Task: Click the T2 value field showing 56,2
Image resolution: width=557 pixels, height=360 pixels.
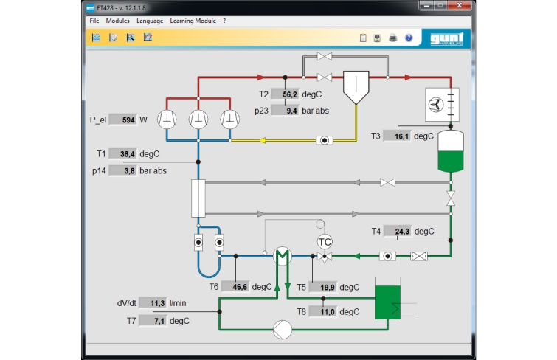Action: pos(285,94)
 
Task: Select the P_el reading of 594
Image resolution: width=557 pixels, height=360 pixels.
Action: pos(123,120)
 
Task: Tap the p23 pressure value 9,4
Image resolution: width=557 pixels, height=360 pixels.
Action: pos(285,111)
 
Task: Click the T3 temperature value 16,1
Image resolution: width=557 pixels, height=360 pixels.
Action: pos(397,136)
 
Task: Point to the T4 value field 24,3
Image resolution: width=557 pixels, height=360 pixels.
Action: pos(398,232)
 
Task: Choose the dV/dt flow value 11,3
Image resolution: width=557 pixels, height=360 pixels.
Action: pos(153,303)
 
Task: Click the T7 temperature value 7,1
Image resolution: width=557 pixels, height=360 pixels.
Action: pos(153,321)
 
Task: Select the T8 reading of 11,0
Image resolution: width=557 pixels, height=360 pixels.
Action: pos(322,311)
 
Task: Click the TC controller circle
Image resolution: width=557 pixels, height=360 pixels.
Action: pos(325,242)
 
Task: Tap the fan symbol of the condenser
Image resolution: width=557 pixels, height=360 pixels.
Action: pos(435,105)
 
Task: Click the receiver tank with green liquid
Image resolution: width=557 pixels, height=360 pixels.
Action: pos(451,151)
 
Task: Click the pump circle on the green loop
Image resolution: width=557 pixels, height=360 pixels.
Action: pos(283,330)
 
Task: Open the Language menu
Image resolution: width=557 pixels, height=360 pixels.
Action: pos(150,21)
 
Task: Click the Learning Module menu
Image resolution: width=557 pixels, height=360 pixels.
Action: pos(193,21)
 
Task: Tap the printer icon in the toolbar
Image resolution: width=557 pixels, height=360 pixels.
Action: pos(393,38)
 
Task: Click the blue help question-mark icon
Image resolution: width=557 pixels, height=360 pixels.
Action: pos(409,38)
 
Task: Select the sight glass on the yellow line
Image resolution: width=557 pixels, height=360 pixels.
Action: pos(325,140)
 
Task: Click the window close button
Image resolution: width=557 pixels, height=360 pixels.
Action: pos(459,5)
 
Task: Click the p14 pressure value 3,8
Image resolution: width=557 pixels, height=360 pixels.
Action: pos(123,170)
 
